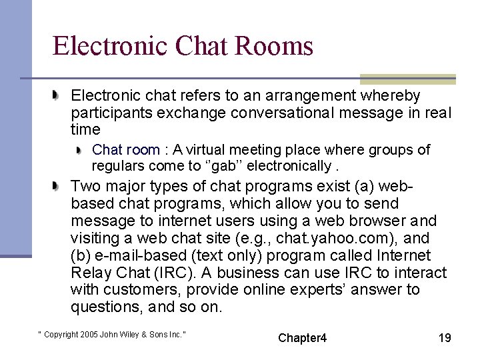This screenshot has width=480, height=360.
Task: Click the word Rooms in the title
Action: pos(279,47)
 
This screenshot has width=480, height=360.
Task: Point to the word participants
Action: pos(111,113)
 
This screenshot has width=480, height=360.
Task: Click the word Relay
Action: pos(91,273)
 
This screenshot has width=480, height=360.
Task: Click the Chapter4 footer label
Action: pos(303,337)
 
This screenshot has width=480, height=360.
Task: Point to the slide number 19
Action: pos(444,337)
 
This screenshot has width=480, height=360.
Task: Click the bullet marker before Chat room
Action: pos(79,150)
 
